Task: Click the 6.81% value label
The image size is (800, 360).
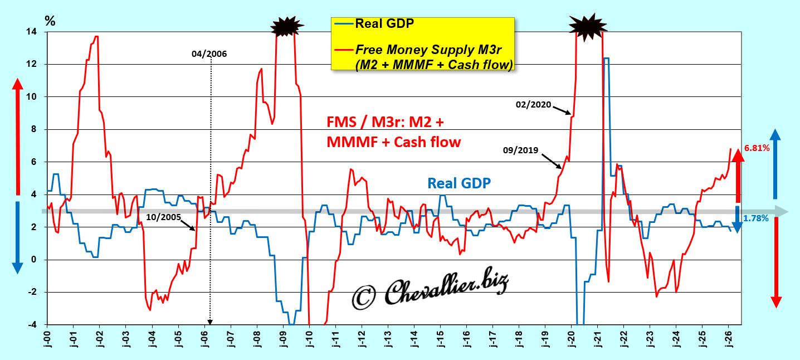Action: (x=757, y=148)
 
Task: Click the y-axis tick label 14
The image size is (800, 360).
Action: (x=33, y=32)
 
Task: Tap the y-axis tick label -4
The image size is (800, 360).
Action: (x=33, y=325)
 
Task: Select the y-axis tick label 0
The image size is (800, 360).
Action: (x=35, y=260)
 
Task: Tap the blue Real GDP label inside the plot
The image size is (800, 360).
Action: (x=459, y=183)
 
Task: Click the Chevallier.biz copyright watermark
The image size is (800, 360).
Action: (x=430, y=291)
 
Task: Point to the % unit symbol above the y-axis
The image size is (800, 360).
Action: (x=50, y=21)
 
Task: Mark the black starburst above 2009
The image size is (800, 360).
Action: (x=287, y=26)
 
